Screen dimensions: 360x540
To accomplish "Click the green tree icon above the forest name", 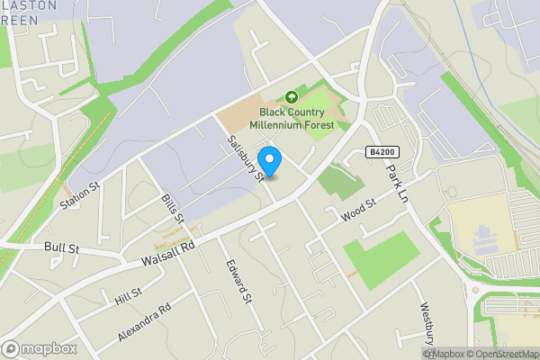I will (x=291, y=96).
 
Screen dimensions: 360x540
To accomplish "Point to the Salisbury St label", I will (x=245, y=159).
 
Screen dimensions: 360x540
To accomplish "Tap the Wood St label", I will (x=357, y=214).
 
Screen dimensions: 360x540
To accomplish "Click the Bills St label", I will (x=173, y=208).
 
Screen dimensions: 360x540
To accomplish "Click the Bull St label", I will (x=60, y=246).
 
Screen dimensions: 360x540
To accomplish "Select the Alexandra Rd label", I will (x=143, y=322).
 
